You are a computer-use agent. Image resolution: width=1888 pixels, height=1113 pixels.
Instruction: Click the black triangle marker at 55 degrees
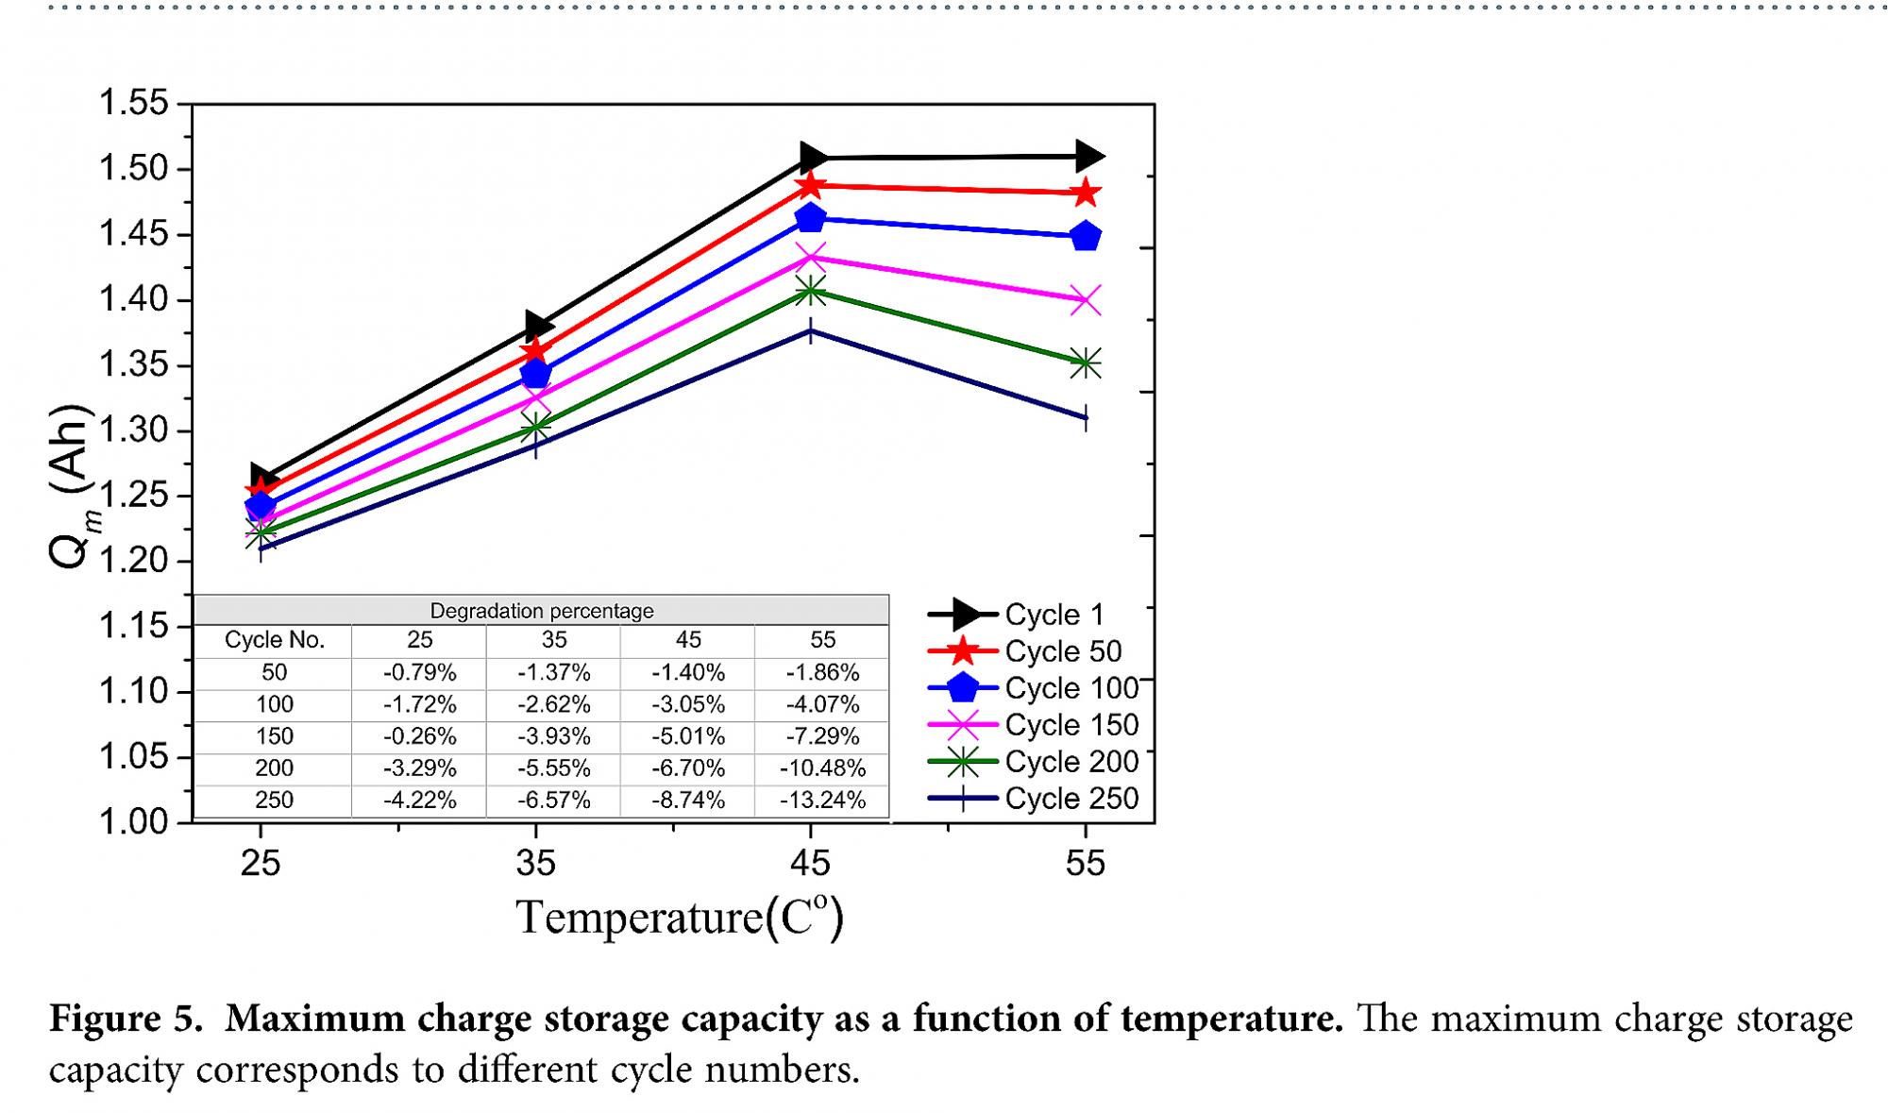click(x=1087, y=156)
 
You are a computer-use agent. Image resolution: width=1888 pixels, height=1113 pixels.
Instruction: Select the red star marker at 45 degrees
click(x=810, y=186)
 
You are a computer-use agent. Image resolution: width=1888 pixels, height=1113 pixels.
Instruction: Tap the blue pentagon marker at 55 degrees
click(x=1086, y=236)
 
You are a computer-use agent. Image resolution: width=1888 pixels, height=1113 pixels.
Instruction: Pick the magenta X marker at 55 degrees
click(x=1086, y=301)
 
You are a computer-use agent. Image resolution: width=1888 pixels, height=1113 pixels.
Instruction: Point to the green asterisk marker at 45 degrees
click(x=810, y=291)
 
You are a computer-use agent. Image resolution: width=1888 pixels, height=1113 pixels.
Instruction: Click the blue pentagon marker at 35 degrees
click(x=535, y=374)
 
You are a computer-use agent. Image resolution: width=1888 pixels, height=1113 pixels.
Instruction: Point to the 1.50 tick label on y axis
click(x=133, y=169)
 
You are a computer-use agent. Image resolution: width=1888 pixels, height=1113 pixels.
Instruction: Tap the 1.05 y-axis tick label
click(x=133, y=756)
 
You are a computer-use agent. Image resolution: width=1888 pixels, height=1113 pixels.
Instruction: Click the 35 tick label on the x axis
click(x=535, y=863)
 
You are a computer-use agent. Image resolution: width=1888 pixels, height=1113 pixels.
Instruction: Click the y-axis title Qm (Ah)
click(x=72, y=487)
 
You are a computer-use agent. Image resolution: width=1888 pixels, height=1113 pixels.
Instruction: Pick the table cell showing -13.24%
click(x=822, y=801)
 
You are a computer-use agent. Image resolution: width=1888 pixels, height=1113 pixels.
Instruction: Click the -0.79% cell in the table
click(x=419, y=673)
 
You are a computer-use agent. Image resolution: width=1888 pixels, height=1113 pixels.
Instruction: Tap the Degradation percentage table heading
click(x=542, y=611)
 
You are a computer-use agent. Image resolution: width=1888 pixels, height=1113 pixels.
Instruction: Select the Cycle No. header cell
click(x=274, y=640)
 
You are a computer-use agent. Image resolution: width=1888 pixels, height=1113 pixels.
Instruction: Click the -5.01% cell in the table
click(x=688, y=736)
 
